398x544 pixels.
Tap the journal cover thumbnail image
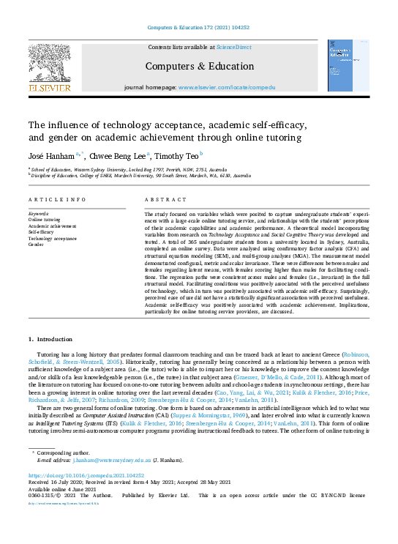point(348,64)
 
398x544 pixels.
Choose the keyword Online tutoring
point(45,219)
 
